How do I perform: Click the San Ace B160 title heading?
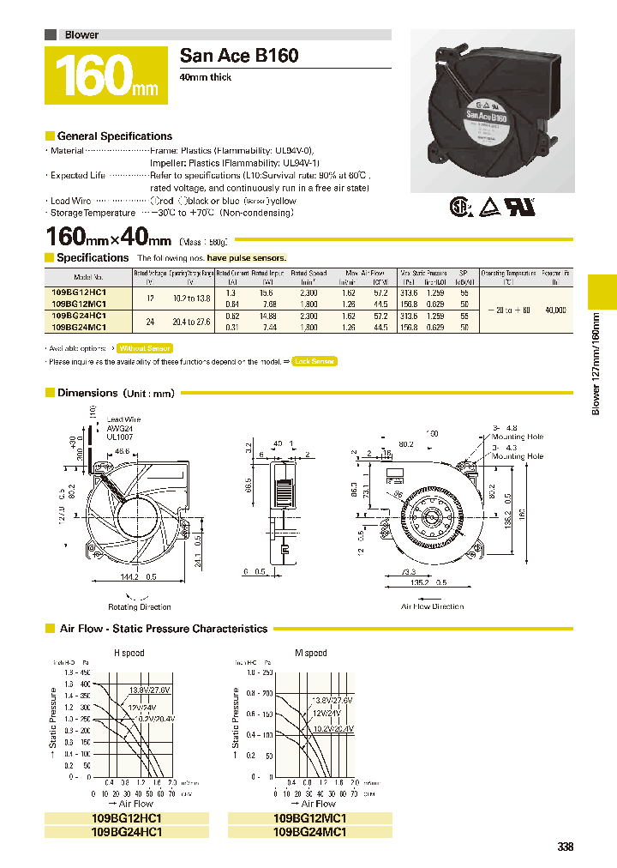pos(239,56)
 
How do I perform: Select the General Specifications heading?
pos(114,136)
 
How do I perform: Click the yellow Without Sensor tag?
pos(144,348)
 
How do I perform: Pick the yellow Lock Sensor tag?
pos(314,362)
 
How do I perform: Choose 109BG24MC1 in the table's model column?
pos(79,327)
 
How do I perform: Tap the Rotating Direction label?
pos(140,606)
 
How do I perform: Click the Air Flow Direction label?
pos(432,606)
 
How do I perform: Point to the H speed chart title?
pos(129,653)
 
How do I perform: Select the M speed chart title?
pos(310,653)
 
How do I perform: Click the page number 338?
pos(564,847)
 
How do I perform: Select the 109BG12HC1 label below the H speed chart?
pos(126,818)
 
